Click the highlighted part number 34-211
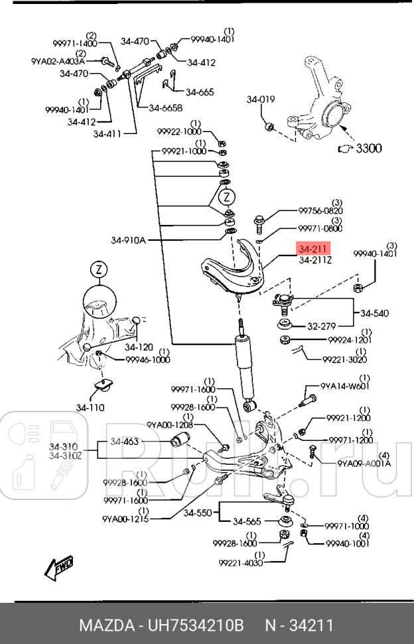point(313,250)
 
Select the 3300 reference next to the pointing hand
point(368,149)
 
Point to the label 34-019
point(260,100)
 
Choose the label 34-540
point(375,313)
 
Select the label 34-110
point(90,408)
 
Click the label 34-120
point(139,347)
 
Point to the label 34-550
point(197,513)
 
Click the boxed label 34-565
point(248,522)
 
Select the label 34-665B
point(165,108)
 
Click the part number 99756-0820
point(320,210)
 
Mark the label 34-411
point(107,133)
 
